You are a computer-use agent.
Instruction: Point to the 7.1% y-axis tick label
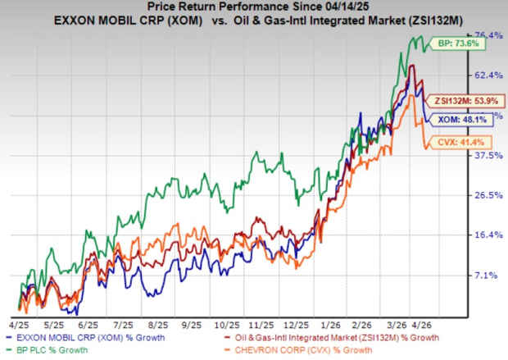[x=490, y=275]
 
